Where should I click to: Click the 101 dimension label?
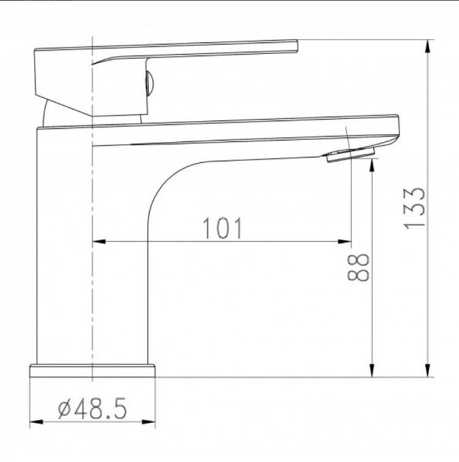pyautogui.click(x=222, y=228)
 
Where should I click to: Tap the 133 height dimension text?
pyautogui.click(x=414, y=208)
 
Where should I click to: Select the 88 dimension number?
pyautogui.click(x=358, y=268)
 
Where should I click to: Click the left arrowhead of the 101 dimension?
pyautogui.click(x=99, y=241)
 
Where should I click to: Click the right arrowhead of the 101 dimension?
pyautogui.click(x=344, y=241)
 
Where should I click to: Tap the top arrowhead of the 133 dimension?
pyautogui.click(x=428, y=46)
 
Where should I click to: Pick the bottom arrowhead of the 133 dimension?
pyautogui.click(x=428, y=370)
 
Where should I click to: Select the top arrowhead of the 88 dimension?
pyautogui.click(x=372, y=165)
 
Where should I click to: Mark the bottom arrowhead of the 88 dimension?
pyautogui.click(x=372, y=370)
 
